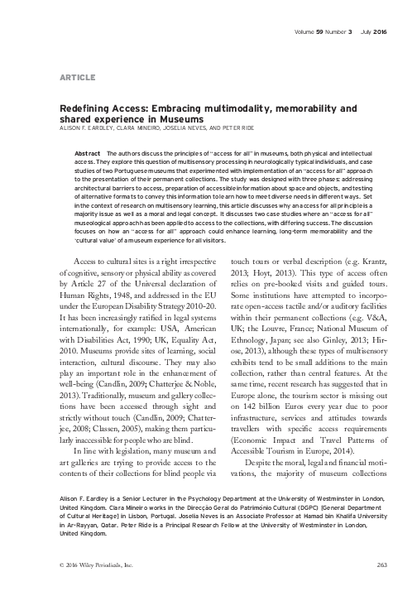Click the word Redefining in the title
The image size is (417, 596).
[x=82, y=108]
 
